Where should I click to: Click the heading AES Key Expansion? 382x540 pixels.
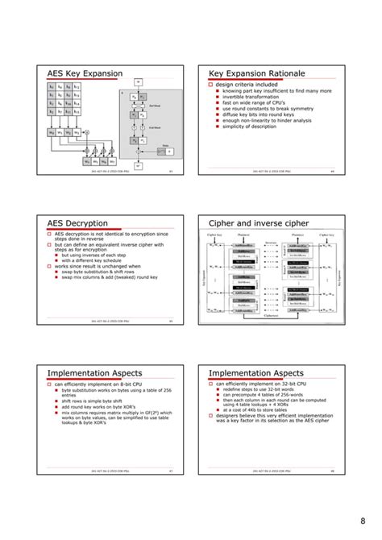(x=85, y=74)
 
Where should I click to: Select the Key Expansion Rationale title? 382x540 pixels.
(x=256, y=74)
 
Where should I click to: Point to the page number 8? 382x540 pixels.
(x=365, y=520)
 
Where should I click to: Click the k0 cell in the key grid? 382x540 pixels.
(x=52, y=85)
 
